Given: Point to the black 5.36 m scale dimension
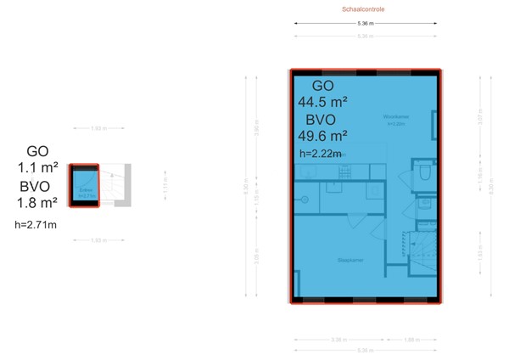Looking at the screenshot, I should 366,23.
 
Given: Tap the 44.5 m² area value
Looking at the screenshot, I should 322,102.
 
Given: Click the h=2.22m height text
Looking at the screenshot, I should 321,154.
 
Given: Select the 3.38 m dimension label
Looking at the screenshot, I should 338,340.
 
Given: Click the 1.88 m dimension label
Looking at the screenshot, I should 411,340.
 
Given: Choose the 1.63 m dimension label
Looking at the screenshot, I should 480,253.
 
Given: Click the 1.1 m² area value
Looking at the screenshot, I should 37,167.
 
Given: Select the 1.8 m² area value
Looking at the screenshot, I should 37,203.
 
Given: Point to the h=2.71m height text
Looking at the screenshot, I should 36,225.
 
